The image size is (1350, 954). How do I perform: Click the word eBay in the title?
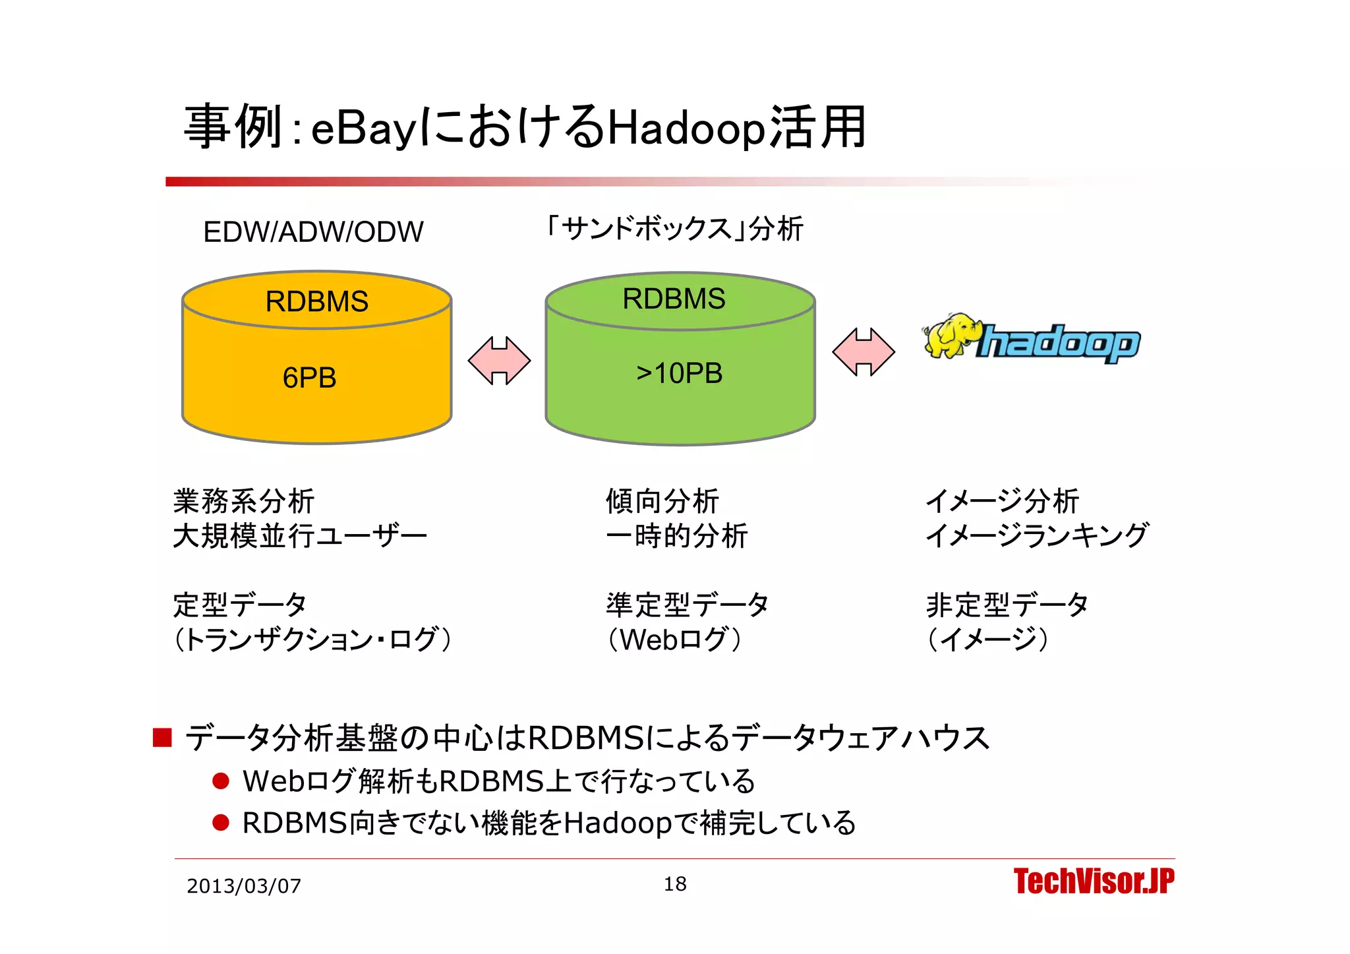pos(363,129)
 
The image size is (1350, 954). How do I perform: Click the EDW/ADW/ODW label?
pos(313,232)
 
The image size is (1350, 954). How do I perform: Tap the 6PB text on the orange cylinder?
pos(309,378)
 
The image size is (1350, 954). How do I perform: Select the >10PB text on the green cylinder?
pos(679,374)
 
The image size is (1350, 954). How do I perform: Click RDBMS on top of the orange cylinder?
pos(316,302)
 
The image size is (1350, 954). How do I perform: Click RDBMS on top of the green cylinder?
pos(674,299)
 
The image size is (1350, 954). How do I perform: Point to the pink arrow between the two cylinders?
pos(499,360)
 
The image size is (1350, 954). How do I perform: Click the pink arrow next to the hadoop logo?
pos(864,352)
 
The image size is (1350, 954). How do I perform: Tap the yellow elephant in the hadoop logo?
pos(951,336)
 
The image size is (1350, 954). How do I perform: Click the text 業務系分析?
pos(244,501)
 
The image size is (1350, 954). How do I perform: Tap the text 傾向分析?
pos(662,501)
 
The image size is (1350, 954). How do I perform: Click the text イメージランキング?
pos(1037,535)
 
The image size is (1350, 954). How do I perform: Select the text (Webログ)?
pos(675,640)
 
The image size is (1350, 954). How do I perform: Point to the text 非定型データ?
pos(1007,605)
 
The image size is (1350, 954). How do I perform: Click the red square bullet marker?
pos(162,738)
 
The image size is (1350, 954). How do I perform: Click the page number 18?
pos(674,884)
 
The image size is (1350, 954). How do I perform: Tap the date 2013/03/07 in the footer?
pos(244,886)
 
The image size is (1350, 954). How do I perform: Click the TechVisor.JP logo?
pos(1094,881)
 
